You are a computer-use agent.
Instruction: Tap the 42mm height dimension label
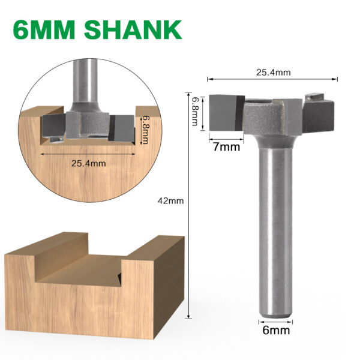click(172, 201)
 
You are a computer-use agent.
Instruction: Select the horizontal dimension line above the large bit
click(273, 79)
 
